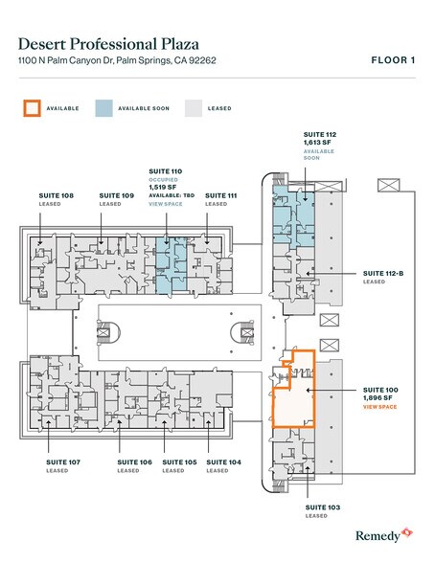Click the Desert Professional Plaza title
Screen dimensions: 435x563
pos(108,44)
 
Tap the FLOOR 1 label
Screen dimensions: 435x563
pos(393,60)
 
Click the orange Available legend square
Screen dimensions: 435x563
pos(32,108)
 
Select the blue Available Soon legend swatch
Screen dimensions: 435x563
pos(103,108)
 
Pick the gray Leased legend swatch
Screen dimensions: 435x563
pos(194,108)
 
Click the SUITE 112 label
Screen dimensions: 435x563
pos(320,135)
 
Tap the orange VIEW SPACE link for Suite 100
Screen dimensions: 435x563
pos(379,407)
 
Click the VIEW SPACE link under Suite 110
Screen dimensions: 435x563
pos(166,204)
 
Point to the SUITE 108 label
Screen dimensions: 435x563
pos(56,195)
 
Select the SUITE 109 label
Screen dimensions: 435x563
pos(116,195)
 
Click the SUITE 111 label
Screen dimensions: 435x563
pos(221,195)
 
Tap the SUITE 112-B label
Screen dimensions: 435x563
pos(383,274)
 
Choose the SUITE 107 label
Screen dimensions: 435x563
pos(63,462)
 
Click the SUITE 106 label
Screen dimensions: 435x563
pos(135,462)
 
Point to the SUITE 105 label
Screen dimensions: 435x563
pos(179,462)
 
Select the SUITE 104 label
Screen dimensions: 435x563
pos(223,462)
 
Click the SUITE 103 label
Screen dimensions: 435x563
pos(323,507)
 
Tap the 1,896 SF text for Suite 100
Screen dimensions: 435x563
pos(378,398)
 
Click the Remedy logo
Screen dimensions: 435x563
pos(384,535)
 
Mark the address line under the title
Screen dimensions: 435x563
pos(117,60)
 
